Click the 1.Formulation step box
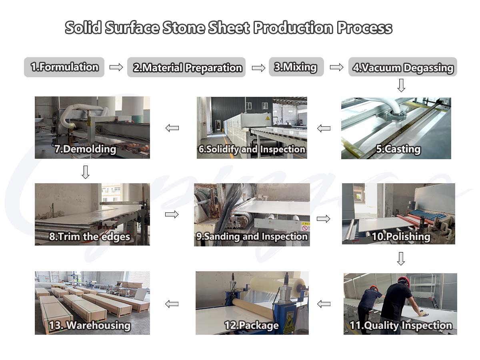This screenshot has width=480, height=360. [x=64, y=67]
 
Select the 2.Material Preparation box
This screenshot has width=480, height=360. [x=186, y=67]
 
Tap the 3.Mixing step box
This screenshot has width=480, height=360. [x=296, y=67]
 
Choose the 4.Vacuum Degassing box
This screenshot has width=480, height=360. [x=402, y=67]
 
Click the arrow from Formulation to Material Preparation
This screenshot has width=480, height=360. [x=116, y=67]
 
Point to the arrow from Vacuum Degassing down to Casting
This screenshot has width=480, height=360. [x=401, y=86]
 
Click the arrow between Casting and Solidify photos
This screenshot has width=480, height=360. [x=324, y=128]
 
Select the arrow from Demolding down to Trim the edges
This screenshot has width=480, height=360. [x=85, y=172]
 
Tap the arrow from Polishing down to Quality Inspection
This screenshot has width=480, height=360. [x=401, y=259]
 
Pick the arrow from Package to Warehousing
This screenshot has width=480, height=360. [x=172, y=304]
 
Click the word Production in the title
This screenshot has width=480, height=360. [x=293, y=28]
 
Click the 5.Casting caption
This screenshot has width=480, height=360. [x=398, y=149]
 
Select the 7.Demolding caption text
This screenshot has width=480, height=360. [x=85, y=149]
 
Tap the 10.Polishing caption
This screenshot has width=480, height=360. [x=401, y=237]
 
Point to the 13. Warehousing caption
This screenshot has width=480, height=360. [x=90, y=325]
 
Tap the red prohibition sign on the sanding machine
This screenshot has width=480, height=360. [x=305, y=228]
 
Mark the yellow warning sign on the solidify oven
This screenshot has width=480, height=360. [x=268, y=118]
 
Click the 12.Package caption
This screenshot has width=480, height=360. [x=252, y=325]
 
